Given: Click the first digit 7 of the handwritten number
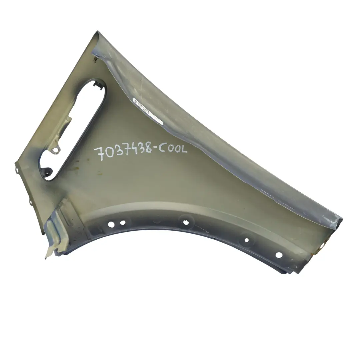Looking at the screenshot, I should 99,154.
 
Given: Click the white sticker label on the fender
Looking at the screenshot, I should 147,111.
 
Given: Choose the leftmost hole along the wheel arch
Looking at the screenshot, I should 111,224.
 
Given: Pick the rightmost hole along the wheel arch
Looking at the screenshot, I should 279,255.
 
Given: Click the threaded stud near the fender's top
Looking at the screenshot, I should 95,60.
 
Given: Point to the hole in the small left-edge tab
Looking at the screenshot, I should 17,170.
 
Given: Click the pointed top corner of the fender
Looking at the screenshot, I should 98,32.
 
